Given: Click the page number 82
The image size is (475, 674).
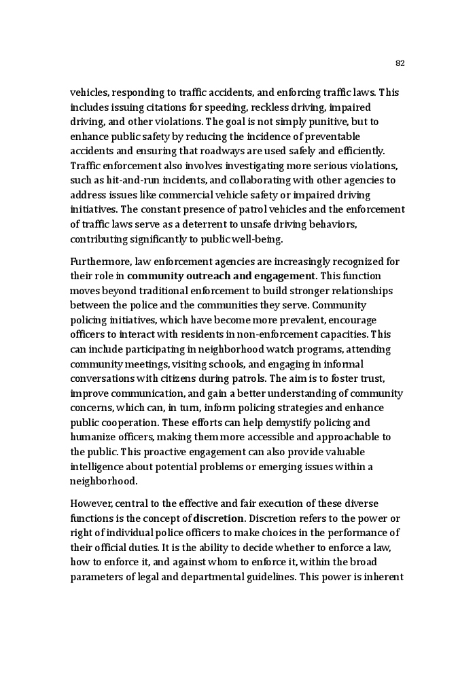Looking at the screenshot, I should click(400, 64).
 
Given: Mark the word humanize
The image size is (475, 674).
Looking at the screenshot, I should click(92, 438).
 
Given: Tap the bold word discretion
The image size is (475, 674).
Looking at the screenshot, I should click(215, 518).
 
